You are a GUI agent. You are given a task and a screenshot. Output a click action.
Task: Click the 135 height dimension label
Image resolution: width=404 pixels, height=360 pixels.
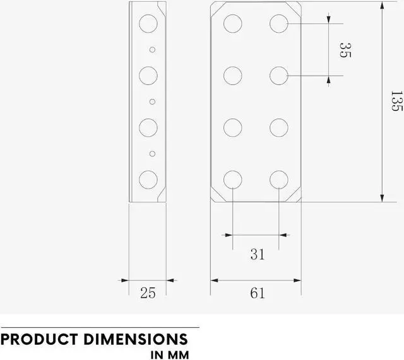pyautogui.click(x=396, y=102)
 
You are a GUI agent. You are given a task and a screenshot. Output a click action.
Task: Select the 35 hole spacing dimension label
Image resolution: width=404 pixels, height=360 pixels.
pyautogui.click(x=344, y=50)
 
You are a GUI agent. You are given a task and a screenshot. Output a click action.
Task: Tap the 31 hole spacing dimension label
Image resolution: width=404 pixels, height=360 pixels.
pyautogui.click(x=257, y=254)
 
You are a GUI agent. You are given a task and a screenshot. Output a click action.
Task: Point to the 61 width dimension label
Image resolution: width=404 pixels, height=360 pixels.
pyautogui.click(x=257, y=293)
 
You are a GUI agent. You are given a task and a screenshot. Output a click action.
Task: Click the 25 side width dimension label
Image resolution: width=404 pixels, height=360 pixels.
pyautogui.click(x=148, y=292)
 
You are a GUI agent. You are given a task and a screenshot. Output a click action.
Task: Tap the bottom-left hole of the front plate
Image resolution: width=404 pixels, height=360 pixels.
pyautogui.click(x=233, y=179)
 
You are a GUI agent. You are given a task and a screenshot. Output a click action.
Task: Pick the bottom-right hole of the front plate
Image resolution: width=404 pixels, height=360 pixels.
pyautogui.click(x=278, y=179)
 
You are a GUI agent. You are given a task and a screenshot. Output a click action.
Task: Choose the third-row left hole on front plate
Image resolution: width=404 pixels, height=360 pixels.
pyautogui.click(x=233, y=127)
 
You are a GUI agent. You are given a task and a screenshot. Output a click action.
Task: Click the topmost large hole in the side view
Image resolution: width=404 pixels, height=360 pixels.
pyautogui.click(x=148, y=24)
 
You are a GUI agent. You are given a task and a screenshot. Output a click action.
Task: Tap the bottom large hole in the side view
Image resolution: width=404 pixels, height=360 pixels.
pyautogui.click(x=148, y=179)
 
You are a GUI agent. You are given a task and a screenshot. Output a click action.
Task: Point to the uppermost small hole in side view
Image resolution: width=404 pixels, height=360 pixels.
pyautogui.click(x=151, y=49)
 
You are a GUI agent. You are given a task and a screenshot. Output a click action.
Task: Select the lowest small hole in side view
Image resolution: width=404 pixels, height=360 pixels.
pyautogui.click(x=151, y=153)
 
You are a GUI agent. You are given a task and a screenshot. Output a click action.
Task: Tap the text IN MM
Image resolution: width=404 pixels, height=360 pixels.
pyautogui.click(x=169, y=354)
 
